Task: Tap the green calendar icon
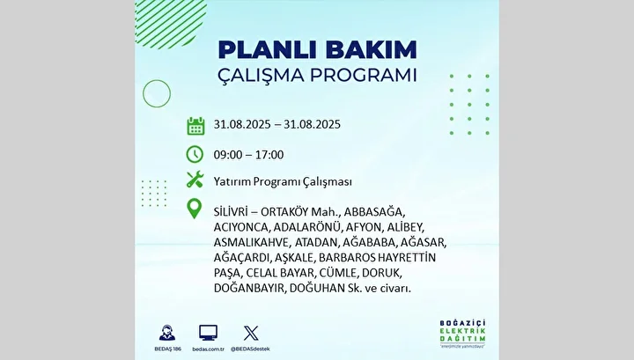(195, 126)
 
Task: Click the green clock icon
(195, 154)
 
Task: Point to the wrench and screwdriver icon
(195, 180)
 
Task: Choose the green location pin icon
(195, 209)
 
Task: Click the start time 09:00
(228, 155)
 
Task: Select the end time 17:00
(269, 155)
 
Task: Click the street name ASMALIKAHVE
(252, 242)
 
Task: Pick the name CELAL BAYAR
(280, 273)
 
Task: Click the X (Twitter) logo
(251, 333)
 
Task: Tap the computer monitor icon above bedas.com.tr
(208, 333)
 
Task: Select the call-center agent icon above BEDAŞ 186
(167, 333)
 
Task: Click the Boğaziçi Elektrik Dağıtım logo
(462, 334)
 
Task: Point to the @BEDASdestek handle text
(250, 349)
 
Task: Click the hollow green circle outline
(157, 80)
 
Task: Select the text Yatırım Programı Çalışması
(283, 182)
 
